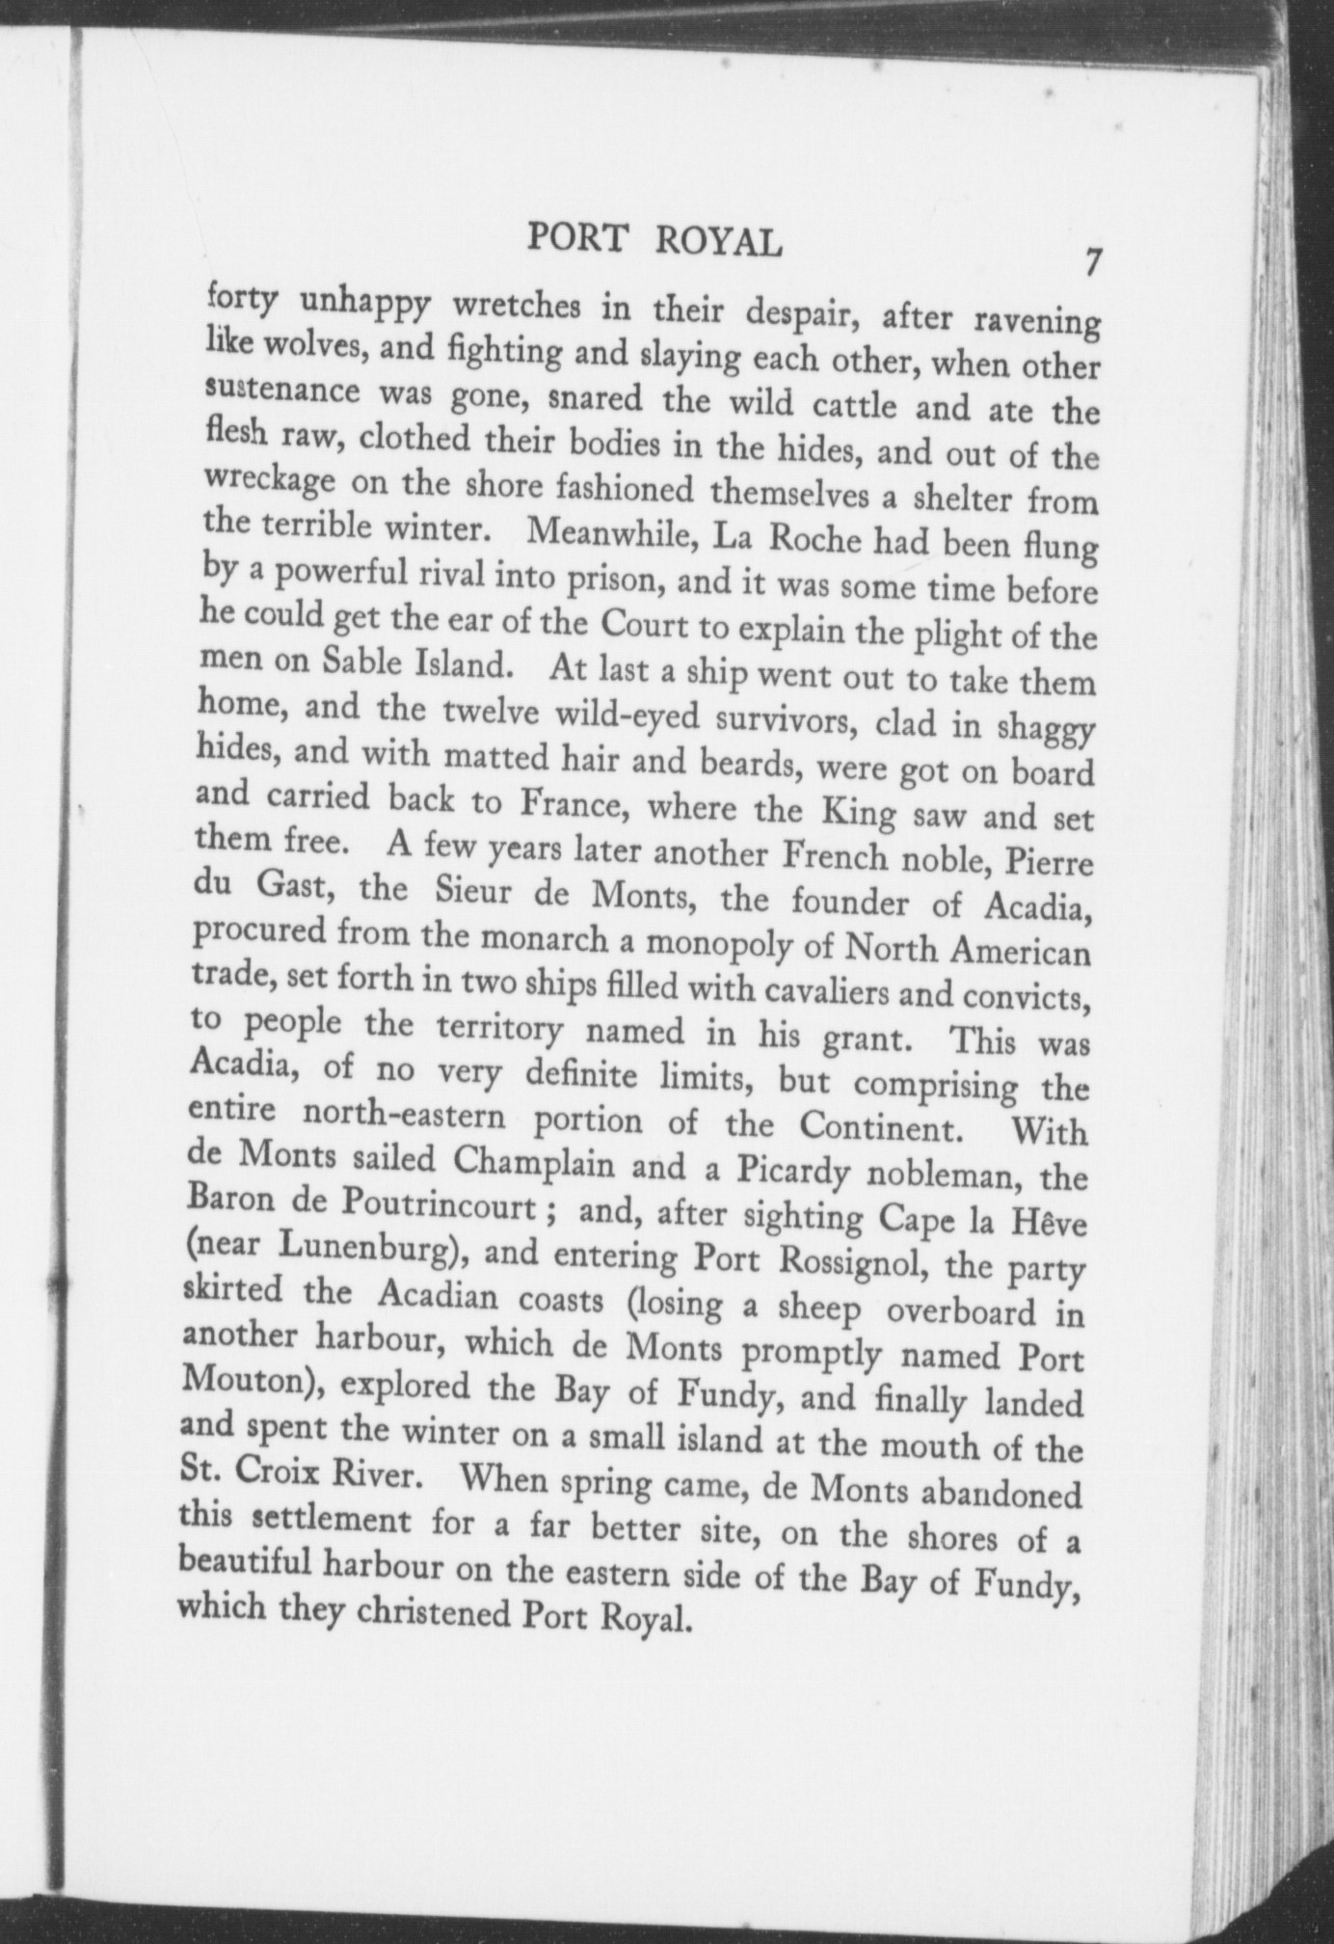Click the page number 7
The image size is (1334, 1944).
coord(1092,263)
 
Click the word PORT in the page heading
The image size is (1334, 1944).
coord(576,238)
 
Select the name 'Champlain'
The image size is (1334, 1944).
coord(534,1161)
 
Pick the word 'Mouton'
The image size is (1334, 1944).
coord(246,1383)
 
